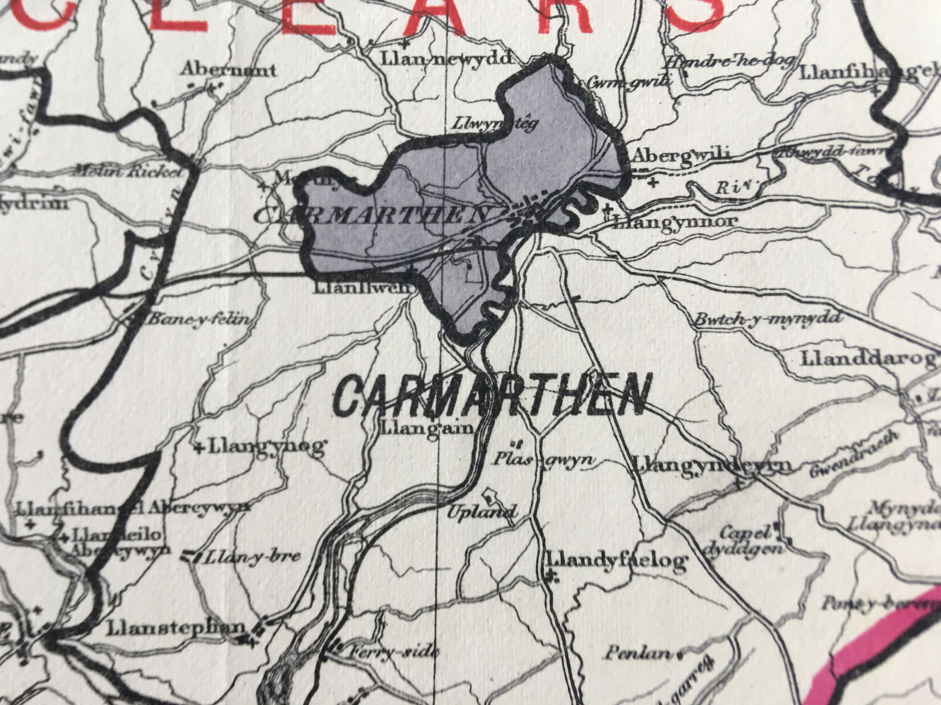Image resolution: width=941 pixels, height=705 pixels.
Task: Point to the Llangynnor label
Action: click(x=674, y=222)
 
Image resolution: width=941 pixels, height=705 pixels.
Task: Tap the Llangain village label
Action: click(x=428, y=427)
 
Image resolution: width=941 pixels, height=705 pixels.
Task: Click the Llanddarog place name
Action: click(x=868, y=358)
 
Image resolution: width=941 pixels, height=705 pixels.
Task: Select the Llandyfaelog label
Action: click(x=616, y=560)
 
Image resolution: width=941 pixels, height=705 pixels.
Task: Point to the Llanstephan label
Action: click(x=175, y=627)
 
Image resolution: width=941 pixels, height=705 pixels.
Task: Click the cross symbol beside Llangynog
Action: click(x=200, y=448)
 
